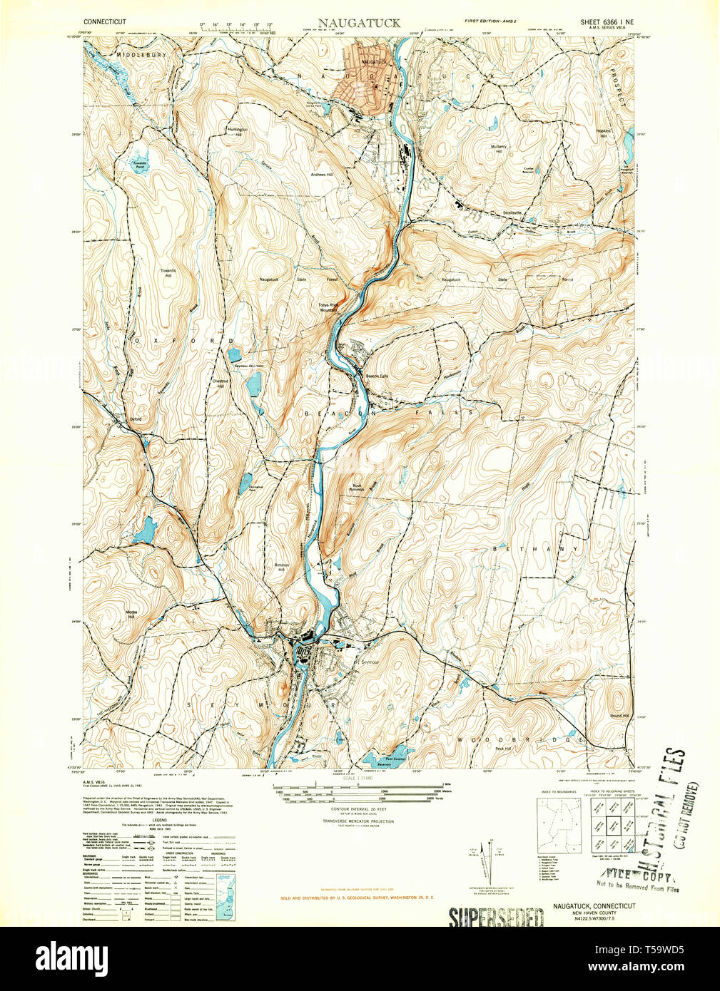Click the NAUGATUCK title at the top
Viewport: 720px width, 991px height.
click(360, 23)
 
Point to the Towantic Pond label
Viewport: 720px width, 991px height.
click(139, 165)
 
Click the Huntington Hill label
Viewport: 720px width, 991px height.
click(235, 132)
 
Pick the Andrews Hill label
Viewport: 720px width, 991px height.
click(322, 174)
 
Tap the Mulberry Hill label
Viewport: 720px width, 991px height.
click(497, 149)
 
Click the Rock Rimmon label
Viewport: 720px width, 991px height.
click(357, 488)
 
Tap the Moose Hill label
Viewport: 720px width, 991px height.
click(131, 614)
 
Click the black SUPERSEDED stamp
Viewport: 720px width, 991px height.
click(495, 917)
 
